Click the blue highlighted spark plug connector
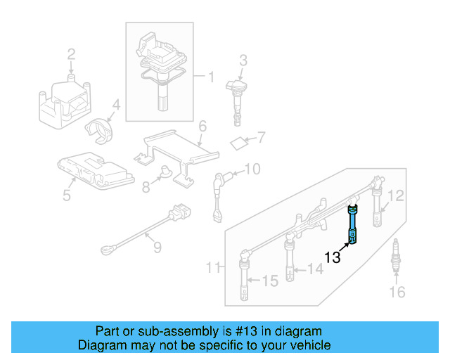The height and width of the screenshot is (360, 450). (x=353, y=224)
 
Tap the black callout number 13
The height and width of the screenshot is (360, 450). (x=333, y=258)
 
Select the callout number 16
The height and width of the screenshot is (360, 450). (x=397, y=292)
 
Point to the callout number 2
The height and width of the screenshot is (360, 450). (x=71, y=53)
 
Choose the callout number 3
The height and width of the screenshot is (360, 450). (x=243, y=60)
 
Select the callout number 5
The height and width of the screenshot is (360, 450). (x=66, y=195)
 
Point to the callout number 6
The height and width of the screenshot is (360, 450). (x=202, y=127)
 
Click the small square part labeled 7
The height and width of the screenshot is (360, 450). (x=239, y=143)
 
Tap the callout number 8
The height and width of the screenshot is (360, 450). (x=146, y=187)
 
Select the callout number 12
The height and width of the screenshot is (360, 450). (x=397, y=196)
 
